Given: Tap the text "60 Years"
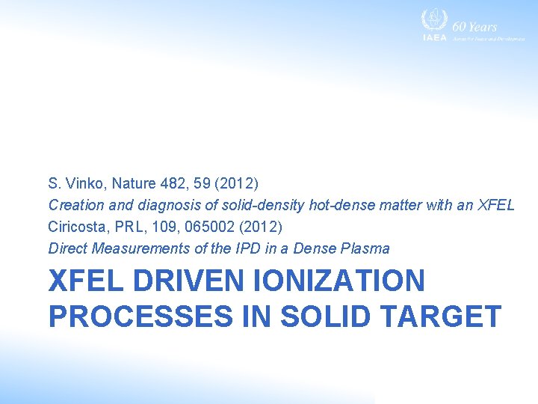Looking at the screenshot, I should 474,27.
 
